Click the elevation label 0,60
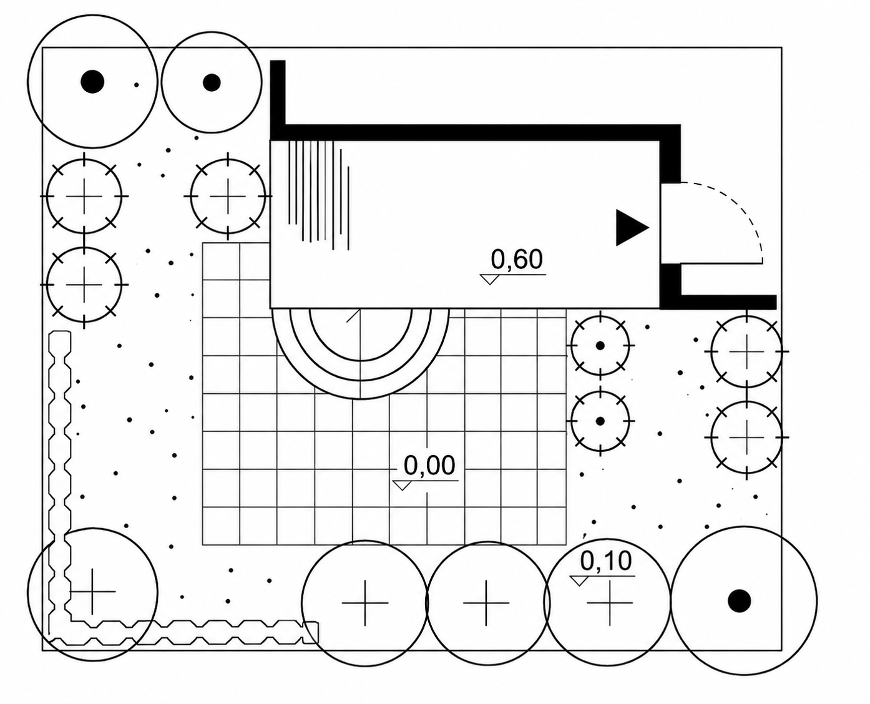click(517, 259)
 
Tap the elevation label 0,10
click(606, 560)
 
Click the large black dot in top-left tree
click(92, 81)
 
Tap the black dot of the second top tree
click(212, 82)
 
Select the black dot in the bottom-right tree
click(740, 600)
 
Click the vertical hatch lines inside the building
click(319, 195)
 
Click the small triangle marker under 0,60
click(489, 280)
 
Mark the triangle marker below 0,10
click(579, 580)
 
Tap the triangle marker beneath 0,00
click(402, 485)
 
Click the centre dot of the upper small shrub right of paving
click(600, 346)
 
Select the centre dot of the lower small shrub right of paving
click(600, 421)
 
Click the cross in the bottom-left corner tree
click(92, 591)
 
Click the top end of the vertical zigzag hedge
click(60, 331)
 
